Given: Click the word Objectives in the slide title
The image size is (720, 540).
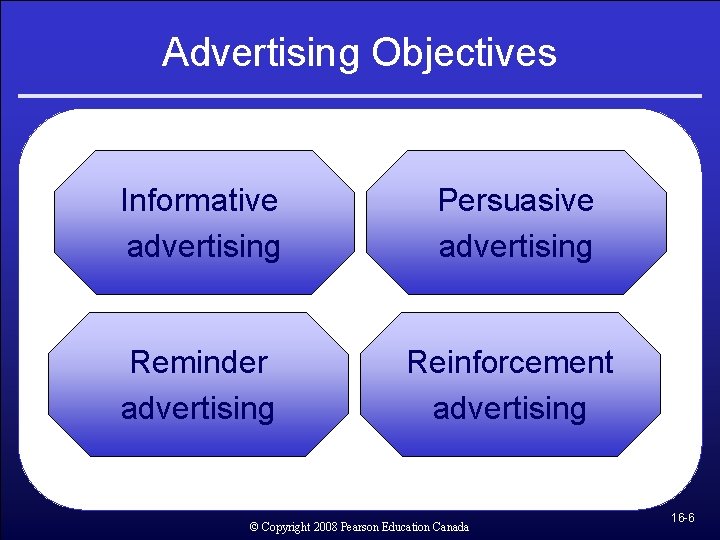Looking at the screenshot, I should click(464, 52).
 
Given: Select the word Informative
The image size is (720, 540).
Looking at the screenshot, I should click(199, 200).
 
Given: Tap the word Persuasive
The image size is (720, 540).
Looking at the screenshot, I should click(516, 200).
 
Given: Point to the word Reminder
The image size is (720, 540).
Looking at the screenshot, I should click(199, 362).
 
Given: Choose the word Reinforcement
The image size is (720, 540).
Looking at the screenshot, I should click(510, 362).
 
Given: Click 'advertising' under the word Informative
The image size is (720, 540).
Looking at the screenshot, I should click(204, 247).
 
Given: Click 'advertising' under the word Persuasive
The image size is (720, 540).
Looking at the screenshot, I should click(516, 247).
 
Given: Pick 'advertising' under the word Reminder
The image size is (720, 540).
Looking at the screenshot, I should click(198, 408).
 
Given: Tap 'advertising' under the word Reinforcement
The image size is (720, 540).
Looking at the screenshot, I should click(510, 408).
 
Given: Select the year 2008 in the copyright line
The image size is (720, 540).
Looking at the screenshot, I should click(324, 526).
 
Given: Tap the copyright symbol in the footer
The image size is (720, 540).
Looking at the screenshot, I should click(254, 526).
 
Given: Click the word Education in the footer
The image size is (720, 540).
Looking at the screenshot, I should click(405, 526).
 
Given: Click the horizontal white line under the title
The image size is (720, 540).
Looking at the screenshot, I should click(360, 96).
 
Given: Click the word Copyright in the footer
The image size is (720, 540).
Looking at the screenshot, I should click(285, 526).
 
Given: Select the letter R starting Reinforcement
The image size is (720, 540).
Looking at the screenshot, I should click(417, 362).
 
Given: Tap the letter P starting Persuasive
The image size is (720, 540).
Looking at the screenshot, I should click(448, 200).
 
